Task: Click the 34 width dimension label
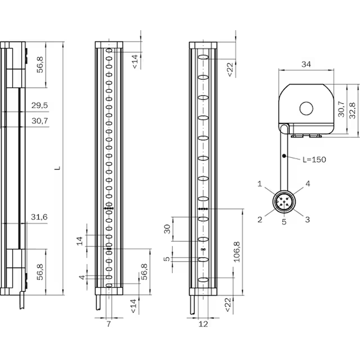[306, 64]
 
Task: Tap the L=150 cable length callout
[314, 160]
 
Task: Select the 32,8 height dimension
[352, 110]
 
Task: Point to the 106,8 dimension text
[237, 252]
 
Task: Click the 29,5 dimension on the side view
[40, 105]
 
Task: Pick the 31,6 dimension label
[39, 217]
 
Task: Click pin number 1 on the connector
[260, 184]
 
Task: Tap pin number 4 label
[308, 184]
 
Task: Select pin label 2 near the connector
[260, 220]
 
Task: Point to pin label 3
[307, 220]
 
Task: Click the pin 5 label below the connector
[284, 222]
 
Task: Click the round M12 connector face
[284, 202]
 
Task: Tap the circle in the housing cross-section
[306, 108]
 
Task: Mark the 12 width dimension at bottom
[203, 324]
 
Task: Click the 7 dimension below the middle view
[108, 324]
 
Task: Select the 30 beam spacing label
[167, 229]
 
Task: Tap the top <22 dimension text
[230, 70]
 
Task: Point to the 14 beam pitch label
[80, 241]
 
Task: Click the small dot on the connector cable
[284, 156]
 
